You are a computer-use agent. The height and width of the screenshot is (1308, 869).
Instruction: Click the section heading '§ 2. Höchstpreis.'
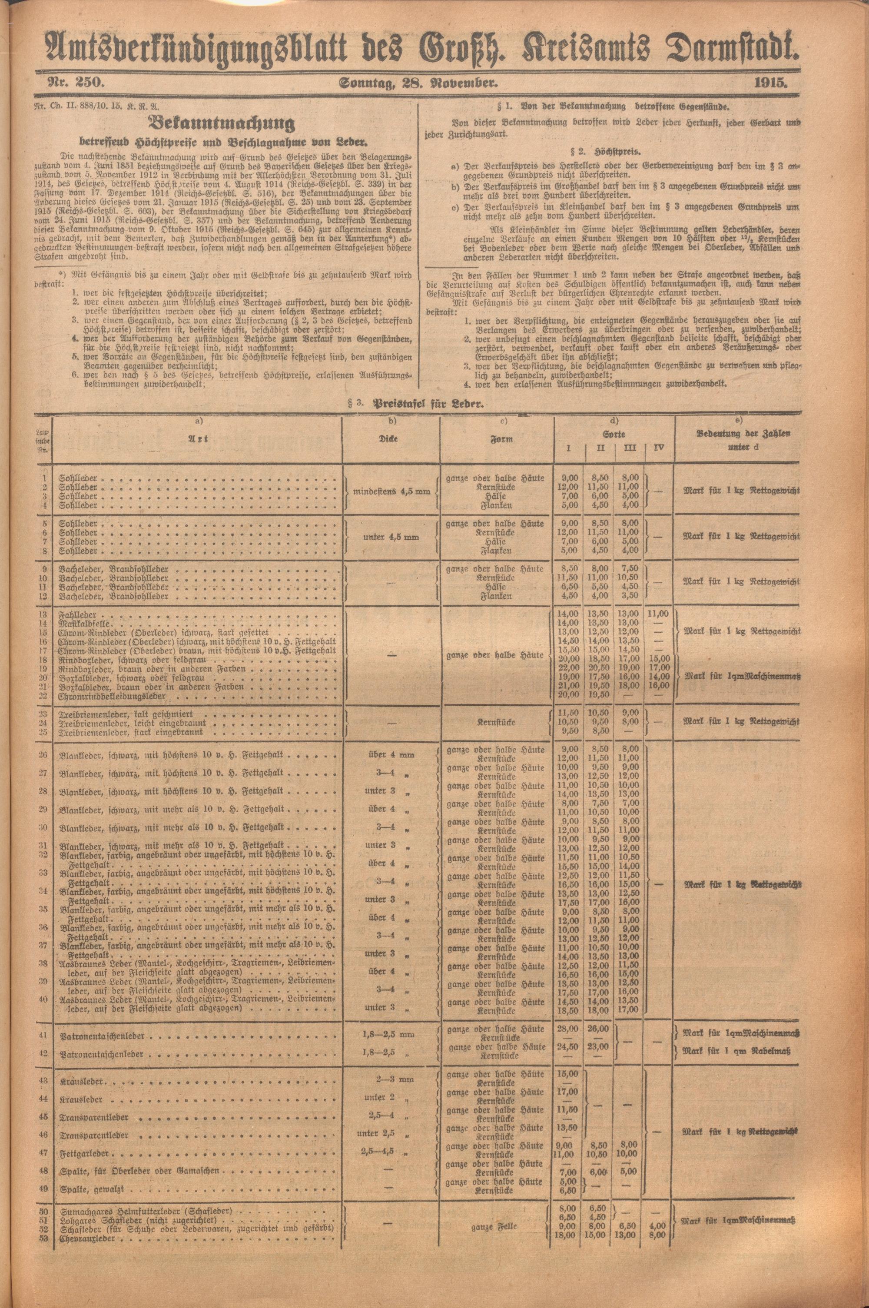pos(612,151)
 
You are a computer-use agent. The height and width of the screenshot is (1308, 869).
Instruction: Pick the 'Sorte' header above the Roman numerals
pos(615,435)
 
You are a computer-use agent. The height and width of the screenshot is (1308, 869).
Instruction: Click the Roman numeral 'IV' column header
pos(658,448)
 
